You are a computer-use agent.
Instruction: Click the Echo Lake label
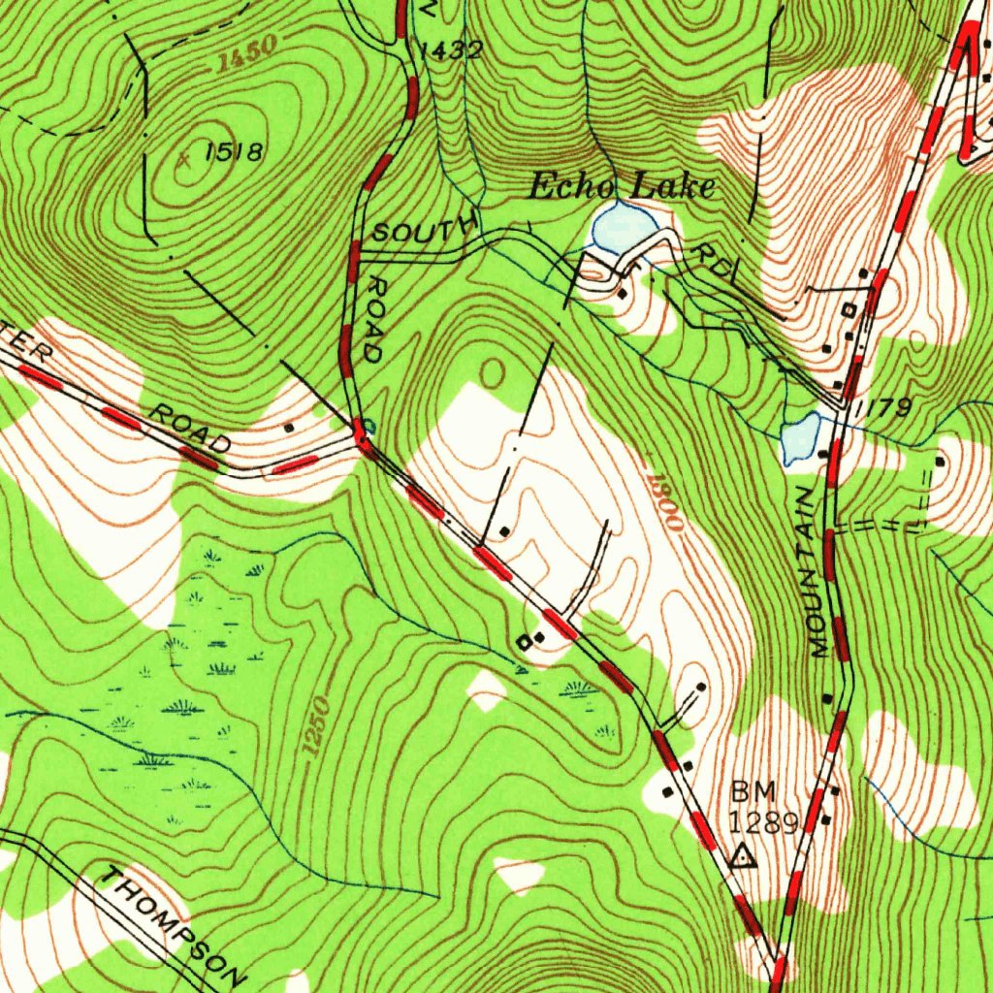622,185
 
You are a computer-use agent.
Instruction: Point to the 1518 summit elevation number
234,151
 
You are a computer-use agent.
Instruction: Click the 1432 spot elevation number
448,50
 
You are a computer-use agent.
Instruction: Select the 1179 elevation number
882,407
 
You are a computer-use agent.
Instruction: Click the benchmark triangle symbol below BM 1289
743,856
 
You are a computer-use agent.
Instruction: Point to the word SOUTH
424,231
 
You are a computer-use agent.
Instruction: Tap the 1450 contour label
246,54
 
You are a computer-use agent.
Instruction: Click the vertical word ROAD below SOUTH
370,320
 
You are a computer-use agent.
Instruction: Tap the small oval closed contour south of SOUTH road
492,370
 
